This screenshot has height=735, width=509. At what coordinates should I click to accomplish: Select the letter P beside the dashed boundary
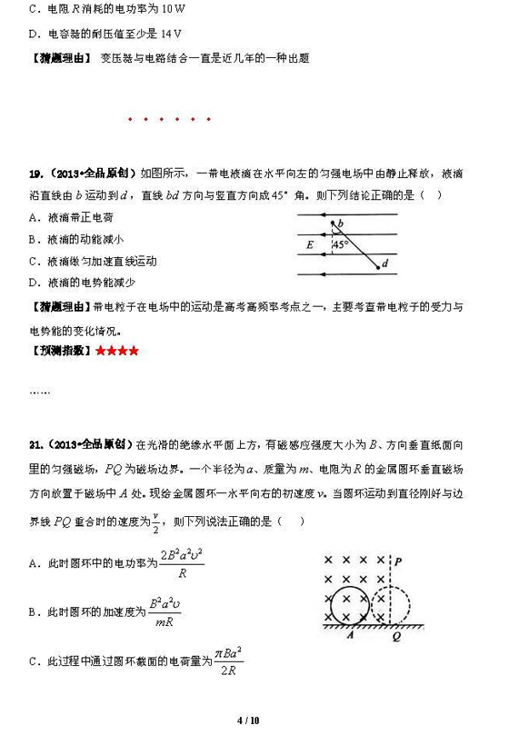tap(398, 561)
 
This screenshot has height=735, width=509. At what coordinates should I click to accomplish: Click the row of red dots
tap(170, 119)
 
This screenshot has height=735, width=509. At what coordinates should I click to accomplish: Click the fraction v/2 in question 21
tap(156, 521)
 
